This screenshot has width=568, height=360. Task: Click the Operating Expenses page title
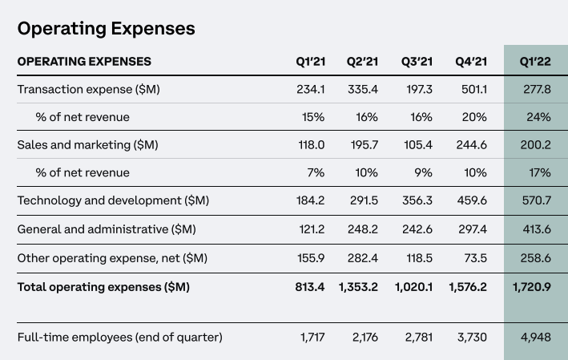coord(106,29)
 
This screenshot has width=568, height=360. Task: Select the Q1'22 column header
coord(535,62)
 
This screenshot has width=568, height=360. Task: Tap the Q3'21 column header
coord(417,62)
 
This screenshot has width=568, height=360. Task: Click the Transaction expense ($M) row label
coord(89,89)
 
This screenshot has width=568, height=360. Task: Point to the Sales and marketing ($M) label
coord(87,145)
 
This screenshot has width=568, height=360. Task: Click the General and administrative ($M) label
coord(107,229)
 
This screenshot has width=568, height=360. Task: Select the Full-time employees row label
coord(120,337)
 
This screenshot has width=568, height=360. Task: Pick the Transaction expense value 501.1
coord(471,89)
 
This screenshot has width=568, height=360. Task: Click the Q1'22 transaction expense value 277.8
coord(536,89)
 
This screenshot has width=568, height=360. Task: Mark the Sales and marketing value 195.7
coord(362,145)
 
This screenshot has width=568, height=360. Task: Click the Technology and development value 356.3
coord(417,200)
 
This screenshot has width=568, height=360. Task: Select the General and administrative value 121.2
coord(308,229)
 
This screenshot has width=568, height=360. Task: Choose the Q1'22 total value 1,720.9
coord(530,286)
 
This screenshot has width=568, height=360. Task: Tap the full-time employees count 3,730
coord(471,337)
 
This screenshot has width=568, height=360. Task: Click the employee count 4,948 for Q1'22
coord(535,337)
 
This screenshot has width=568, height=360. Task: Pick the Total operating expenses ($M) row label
coord(103,286)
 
